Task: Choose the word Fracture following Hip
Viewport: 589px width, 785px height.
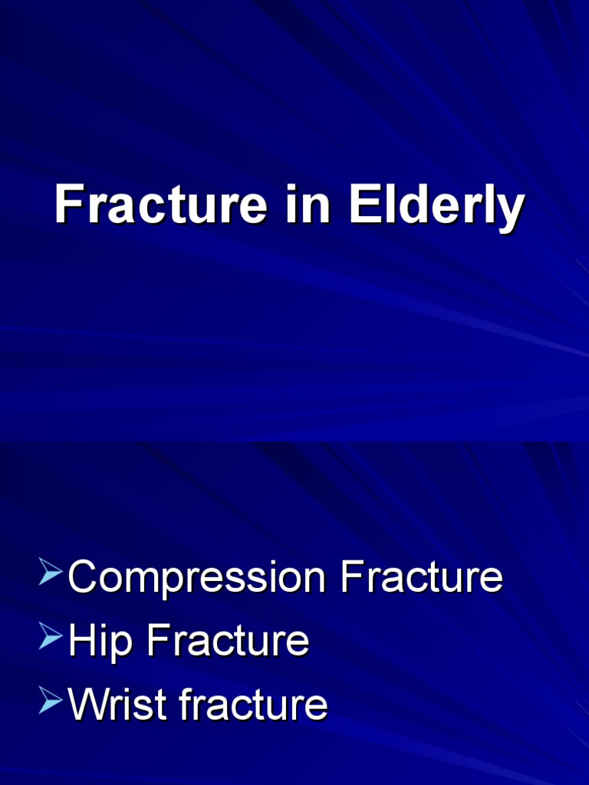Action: click(x=228, y=640)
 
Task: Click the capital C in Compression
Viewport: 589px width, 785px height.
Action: click(x=83, y=577)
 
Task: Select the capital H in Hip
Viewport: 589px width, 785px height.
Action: click(x=81, y=640)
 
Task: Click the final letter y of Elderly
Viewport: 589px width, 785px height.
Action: click(x=512, y=210)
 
